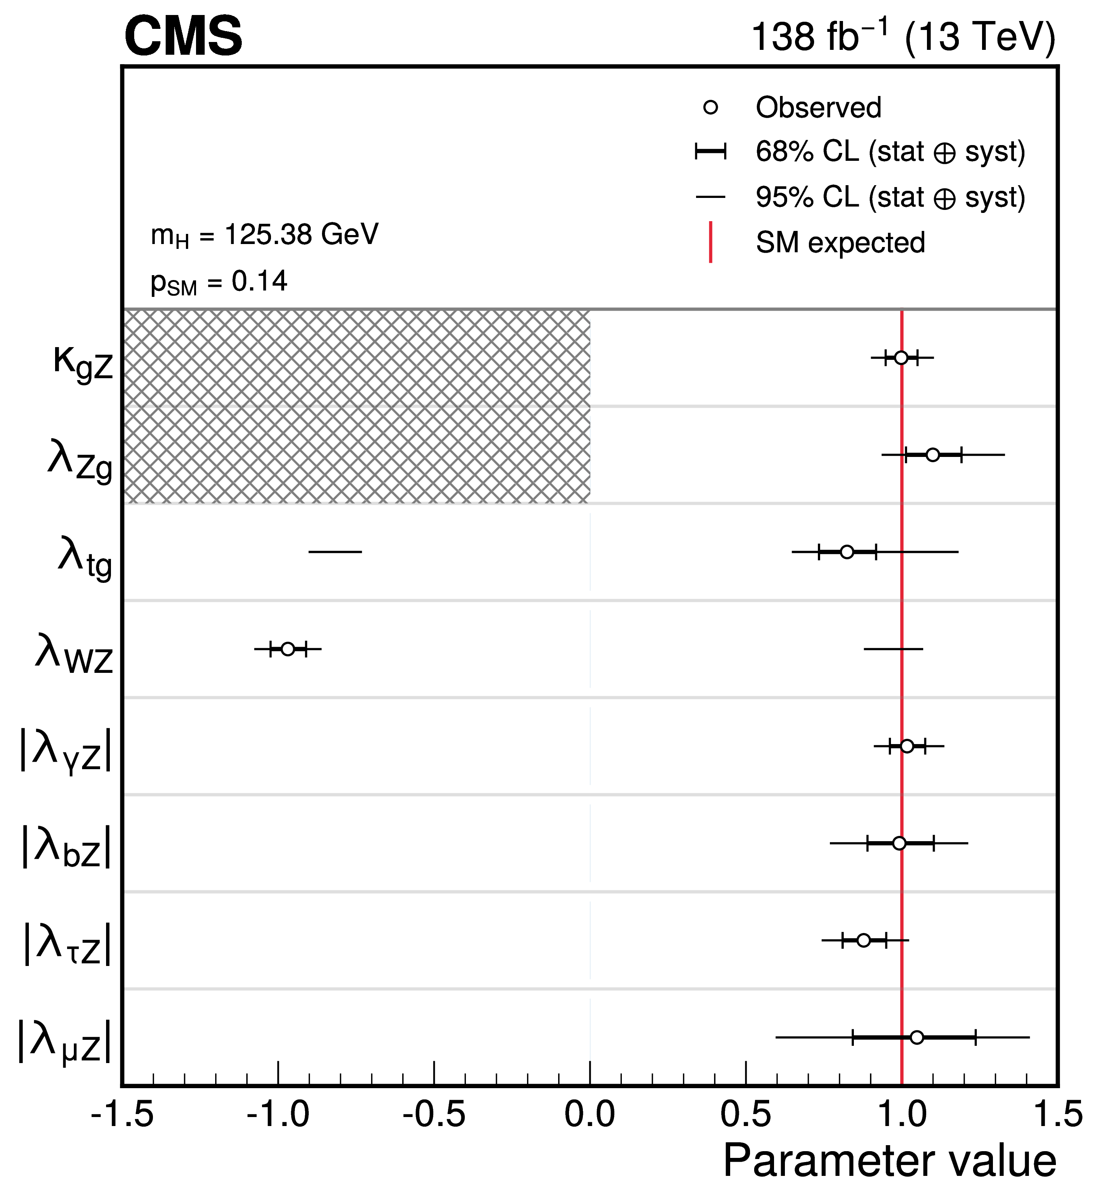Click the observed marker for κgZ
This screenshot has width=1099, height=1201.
point(901,358)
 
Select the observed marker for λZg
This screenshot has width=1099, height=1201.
point(933,455)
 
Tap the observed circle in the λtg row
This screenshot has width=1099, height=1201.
point(846,552)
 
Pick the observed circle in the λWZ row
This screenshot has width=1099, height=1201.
point(288,649)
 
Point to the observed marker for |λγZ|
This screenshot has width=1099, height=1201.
point(907,746)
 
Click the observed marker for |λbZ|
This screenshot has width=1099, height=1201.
point(900,843)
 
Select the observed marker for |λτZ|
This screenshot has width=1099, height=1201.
point(864,940)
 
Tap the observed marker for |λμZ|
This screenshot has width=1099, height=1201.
point(917,1038)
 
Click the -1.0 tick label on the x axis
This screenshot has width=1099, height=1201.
point(278,1114)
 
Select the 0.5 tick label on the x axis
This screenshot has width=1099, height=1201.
point(746,1114)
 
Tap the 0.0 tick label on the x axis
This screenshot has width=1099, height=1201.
point(590,1114)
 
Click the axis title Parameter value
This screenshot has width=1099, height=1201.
point(889,1162)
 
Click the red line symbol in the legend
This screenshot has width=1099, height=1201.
point(711,242)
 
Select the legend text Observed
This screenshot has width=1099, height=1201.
point(818,108)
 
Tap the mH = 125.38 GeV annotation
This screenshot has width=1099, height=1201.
point(265,235)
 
